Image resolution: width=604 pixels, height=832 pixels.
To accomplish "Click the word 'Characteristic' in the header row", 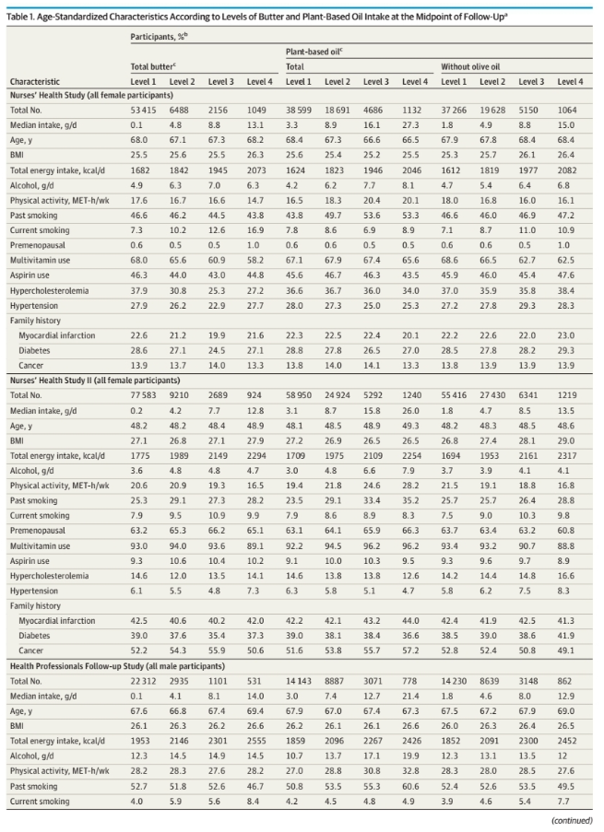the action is point(34,82).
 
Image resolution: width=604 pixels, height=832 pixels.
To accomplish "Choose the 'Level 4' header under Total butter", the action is point(260,82).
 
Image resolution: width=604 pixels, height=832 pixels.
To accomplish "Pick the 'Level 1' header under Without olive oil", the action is point(454,82).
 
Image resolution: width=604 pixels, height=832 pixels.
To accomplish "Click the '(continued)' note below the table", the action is point(572,820).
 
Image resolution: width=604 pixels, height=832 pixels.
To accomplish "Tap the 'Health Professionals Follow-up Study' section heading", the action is point(117,666).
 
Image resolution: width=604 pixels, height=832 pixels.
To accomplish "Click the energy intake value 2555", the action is point(256,741).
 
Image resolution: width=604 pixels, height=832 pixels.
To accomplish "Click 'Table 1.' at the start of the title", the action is point(20,17).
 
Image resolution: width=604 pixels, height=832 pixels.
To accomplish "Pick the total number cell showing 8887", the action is point(334,681).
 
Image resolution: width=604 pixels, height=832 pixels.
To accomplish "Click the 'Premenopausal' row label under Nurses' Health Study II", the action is point(37,531).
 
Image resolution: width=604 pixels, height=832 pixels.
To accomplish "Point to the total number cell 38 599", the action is point(299,111).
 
